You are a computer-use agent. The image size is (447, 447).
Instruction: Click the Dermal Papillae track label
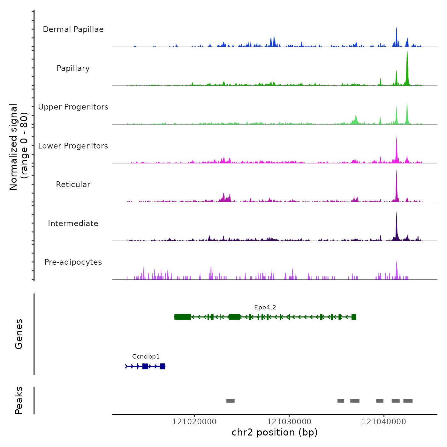click(x=73, y=29)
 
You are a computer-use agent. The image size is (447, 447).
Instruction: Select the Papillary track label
click(x=73, y=68)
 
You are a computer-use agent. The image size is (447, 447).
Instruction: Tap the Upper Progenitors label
click(x=73, y=107)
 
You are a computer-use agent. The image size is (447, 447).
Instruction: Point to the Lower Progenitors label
click(x=73, y=146)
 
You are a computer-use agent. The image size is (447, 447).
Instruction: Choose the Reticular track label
click(x=73, y=185)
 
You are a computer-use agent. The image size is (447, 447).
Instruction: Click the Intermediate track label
click(x=73, y=223)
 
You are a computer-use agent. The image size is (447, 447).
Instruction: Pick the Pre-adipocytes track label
click(x=73, y=262)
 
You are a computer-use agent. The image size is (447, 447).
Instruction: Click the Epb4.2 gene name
click(x=265, y=307)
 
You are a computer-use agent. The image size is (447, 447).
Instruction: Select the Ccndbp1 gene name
click(x=146, y=357)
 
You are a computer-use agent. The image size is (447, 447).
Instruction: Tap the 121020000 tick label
click(x=194, y=422)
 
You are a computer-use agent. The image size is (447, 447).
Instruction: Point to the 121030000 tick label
click(x=289, y=422)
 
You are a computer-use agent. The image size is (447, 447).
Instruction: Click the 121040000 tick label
click(x=384, y=422)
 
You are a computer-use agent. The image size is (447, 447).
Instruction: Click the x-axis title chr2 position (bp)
click(x=275, y=432)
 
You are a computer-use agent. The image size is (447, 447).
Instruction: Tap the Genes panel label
click(x=19, y=334)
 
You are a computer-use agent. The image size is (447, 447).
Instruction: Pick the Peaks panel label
click(x=19, y=400)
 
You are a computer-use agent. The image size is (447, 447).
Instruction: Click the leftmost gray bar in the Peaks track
click(x=231, y=401)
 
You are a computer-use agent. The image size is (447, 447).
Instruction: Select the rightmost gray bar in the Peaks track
click(x=408, y=401)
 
